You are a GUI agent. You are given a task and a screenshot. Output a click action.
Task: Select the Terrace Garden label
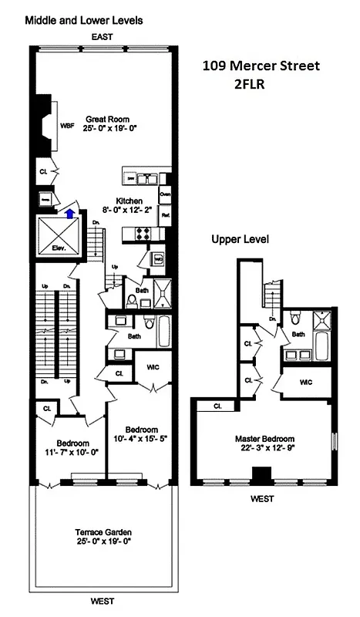click(103, 532)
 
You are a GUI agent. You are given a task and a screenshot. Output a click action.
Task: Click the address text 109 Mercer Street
click(262, 66)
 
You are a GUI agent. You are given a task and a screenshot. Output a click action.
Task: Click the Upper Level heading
click(241, 239)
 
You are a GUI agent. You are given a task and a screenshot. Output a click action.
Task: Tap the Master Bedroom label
click(262, 438)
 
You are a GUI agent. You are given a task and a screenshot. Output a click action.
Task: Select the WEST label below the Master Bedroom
click(261, 499)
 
